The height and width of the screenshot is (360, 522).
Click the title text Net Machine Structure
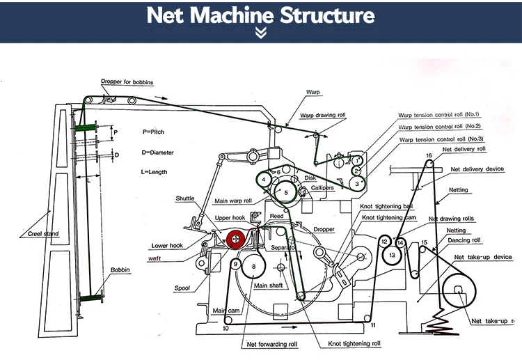click(260, 15)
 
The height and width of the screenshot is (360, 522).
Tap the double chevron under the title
click(260, 33)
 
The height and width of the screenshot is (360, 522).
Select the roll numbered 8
click(255, 267)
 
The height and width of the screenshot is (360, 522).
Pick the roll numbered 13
click(393, 256)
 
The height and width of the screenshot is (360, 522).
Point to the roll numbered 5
click(285, 192)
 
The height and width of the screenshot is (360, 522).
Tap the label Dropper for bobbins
click(127, 81)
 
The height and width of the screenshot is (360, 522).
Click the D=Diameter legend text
click(159, 152)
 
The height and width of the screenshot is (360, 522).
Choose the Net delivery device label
click(477, 169)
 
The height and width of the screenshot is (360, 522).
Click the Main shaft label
click(269, 285)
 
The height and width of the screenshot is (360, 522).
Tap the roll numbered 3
click(356, 183)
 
